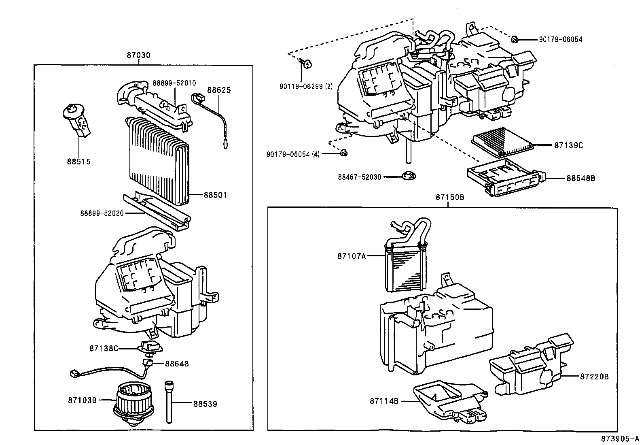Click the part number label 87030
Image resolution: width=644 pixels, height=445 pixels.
pos(138,55)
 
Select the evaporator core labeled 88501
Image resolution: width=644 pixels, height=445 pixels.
pos(158,162)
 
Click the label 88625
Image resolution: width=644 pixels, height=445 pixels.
pos(219,90)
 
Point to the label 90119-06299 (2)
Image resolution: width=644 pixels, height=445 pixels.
pos(305,86)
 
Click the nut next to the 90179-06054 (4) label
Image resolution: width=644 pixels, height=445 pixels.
pos(343,153)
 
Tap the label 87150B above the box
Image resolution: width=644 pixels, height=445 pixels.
pos(449,197)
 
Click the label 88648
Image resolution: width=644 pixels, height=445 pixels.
pos(176,364)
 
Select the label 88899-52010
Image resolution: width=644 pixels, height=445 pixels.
pos(174,83)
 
